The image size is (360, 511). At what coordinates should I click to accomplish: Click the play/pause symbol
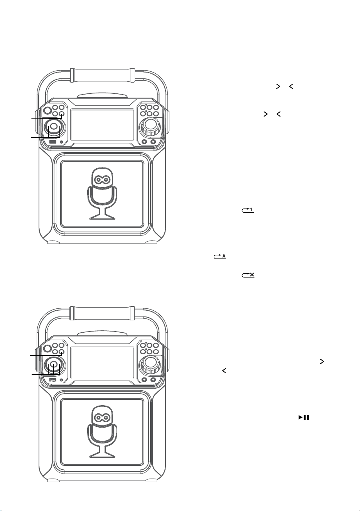click(304, 417)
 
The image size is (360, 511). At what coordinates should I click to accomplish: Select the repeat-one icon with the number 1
click(248, 210)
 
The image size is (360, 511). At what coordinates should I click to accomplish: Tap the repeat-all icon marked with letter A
click(220, 256)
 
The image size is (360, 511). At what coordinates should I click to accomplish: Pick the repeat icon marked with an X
click(248, 275)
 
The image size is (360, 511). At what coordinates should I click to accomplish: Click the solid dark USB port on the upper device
click(53, 142)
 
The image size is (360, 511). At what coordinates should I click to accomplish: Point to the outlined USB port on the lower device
click(53, 380)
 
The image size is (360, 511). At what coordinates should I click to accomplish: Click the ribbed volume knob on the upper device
click(150, 126)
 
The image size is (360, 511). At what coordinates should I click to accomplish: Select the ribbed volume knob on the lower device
click(150, 365)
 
